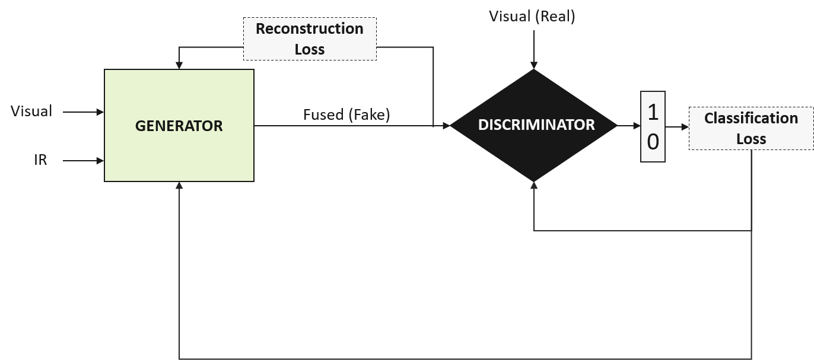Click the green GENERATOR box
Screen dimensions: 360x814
coord(179,126)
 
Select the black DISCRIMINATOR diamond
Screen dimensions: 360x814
coord(534,125)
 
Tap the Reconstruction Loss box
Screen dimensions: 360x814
coord(310,39)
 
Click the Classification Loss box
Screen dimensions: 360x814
coord(751,128)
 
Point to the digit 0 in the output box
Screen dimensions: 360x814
coord(653,142)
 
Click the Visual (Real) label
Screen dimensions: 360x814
coord(532,16)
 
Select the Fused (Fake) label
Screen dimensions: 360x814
coord(346,114)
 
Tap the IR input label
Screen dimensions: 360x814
coord(40,160)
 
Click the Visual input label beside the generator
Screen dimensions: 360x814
coord(31,111)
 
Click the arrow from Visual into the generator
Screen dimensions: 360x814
coord(83,111)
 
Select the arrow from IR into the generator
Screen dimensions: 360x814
coord(83,160)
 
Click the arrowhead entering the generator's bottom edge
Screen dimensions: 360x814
coord(179,186)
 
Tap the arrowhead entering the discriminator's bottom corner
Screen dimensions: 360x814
coord(534,186)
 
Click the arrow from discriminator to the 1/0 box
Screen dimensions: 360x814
coord(628,126)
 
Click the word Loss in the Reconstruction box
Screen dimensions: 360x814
coord(310,49)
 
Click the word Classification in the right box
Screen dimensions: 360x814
coord(751,118)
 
